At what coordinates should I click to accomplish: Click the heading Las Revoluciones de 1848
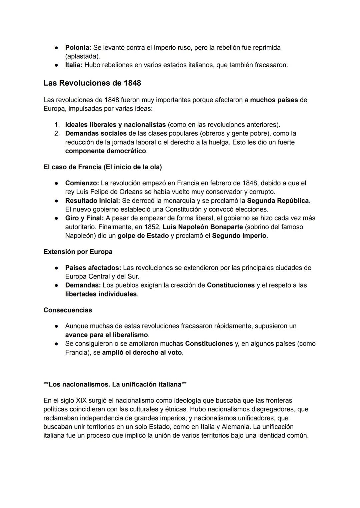pyautogui.click(x=92, y=83)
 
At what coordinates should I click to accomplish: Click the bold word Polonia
pyautogui.click(x=78, y=48)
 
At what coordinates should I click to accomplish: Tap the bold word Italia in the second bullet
pyautogui.click(x=73, y=65)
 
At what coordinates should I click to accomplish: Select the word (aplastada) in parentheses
pyautogui.click(x=82, y=56)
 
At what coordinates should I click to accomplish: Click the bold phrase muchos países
pyautogui.click(x=274, y=100)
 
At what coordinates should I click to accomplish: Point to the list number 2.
pyautogui.click(x=57, y=134)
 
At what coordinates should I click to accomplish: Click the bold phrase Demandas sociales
pyautogui.click(x=96, y=134)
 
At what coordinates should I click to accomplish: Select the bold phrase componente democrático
pyautogui.click(x=106, y=151)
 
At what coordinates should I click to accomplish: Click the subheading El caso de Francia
pyautogui.click(x=102, y=167)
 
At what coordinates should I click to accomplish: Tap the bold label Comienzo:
pyautogui.click(x=82, y=183)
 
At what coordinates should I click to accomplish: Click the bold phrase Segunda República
pyautogui.click(x=278, y=201)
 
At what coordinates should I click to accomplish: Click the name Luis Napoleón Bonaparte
pyautogui.click(x=203, y=227)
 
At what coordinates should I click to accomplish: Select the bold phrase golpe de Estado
pyautogui.click(x=143, y=236)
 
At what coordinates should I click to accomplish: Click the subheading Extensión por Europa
pyautogui.click(x=78, y=252)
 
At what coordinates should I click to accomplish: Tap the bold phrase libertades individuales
pyautogui.click(x=101, y=294)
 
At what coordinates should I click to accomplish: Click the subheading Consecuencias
pyautogui.click(x=68, y=310)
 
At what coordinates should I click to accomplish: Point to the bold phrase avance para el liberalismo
pyautogui.click(x=106, y=335)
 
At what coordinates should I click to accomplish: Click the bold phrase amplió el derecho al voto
pyautogui.click(x=142, y=352)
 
